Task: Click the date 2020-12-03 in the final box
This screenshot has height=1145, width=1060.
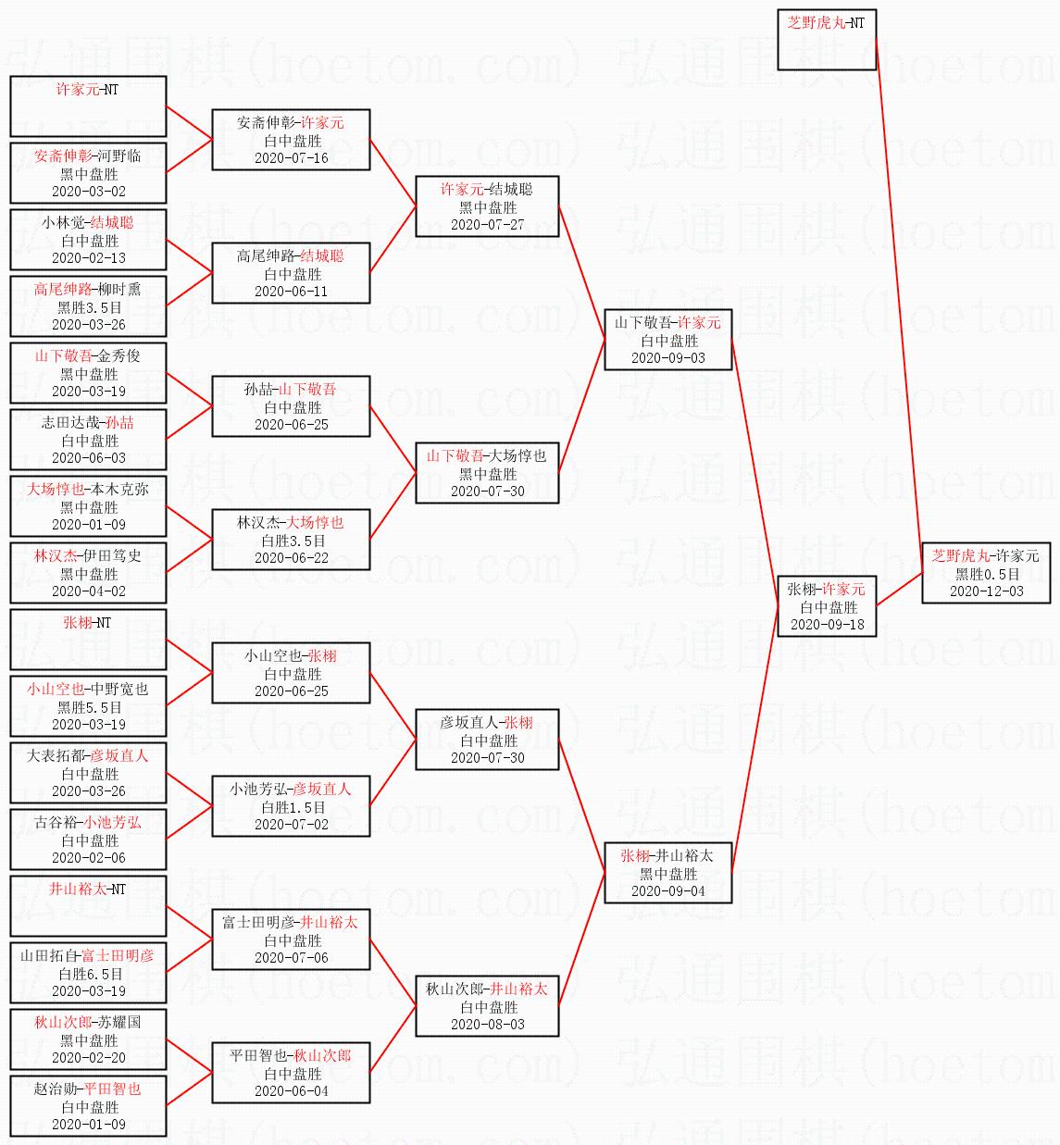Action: pyautogui.click(x=986, y=591)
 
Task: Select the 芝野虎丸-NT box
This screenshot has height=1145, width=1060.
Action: pyautogui.click(x=827, y=40)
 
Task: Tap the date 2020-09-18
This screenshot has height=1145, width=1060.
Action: pyautogui.click(x=827, y=625)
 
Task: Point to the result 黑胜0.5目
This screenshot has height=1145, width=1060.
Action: pyautogui.click(x=986, y=574)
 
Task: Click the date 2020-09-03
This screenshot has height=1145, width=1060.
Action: pyautogui.click(x=667, y=358)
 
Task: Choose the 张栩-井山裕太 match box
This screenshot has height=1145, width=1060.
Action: pyautogui.click(x=667, y=873)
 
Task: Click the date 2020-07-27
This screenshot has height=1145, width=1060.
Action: pyautogui.click(x=487, y=225)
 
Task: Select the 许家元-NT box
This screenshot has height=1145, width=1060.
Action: pyautogui.click(x=88, y=106)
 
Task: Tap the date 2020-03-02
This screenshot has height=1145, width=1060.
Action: pyautogui.click(x=88, y=192)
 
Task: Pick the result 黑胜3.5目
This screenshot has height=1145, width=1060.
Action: pyautogui.click(x=88, y=307)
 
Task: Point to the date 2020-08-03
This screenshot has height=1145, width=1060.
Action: pyautogui.click(x=487, y=1025)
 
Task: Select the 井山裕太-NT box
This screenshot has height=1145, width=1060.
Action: pyautogui.click(x=88, y=906)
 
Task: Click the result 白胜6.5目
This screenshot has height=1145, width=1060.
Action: pyautogui.click(x=91, y=974)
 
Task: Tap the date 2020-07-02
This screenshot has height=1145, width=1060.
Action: pyautogui.click(x=292, y=825)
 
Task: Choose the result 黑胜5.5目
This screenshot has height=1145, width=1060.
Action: pyautogui.click(x=88, y=707)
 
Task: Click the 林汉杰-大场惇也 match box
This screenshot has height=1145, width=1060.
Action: pyautogui.click(x=291, y=540)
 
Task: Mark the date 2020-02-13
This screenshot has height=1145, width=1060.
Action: pyautogui.click(x=88, y=258)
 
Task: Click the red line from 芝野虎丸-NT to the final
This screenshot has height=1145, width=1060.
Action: pyautogui.click(x=900, y=305)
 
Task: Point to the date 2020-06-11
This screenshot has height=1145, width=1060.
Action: pyautogui.click(x=292, y=292)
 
